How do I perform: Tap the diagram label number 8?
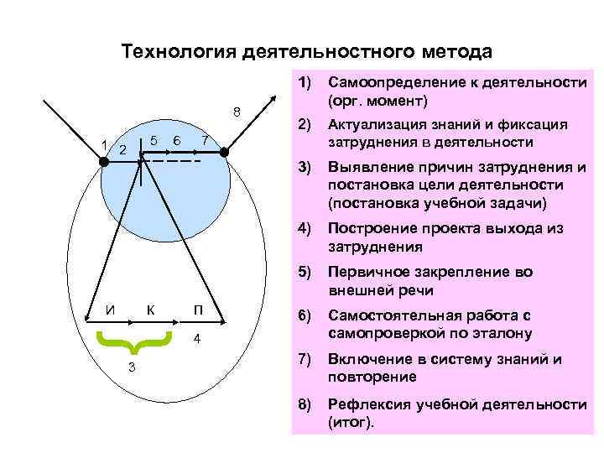click(x=237, y=112)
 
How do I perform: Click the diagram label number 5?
click(x=154, y=140)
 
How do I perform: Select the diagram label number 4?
click(x=196, y=339)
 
